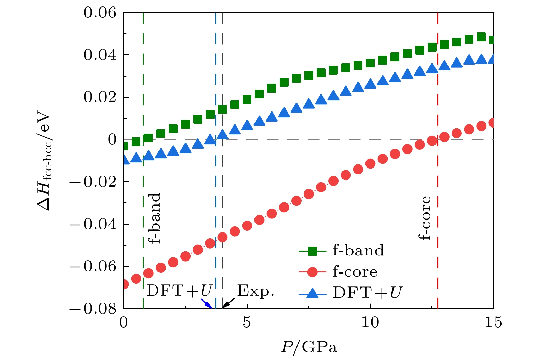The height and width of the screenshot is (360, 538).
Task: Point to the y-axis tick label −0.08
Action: [x=93, y=309]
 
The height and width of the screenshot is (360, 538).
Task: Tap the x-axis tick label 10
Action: [x=370, y=322]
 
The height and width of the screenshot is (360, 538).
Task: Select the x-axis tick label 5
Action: [x=247, y=322]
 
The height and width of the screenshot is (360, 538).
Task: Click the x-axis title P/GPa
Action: [x=309, y=347]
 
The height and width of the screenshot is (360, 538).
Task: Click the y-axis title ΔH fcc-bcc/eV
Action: [x=44, y=161]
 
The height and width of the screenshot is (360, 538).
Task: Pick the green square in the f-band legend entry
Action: [x=312, y=251]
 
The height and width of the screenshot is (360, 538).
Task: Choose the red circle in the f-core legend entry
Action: [x=312, y=272]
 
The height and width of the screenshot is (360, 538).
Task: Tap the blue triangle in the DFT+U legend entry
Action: [x=312, y=293]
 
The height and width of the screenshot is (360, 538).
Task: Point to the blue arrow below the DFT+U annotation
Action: [x=206, y=303]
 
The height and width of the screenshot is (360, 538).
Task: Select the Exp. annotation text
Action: [x=256, y=291]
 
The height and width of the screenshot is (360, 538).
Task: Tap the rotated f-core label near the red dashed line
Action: [x=425, y=218]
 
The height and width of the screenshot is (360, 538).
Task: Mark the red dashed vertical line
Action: [x=438, y=171]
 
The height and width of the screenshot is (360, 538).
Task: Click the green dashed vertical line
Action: [x=143, y=171]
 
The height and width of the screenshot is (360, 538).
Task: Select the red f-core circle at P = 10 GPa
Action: [x=370, y=163]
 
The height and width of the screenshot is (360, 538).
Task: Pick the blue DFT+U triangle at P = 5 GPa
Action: [x=247, y=125]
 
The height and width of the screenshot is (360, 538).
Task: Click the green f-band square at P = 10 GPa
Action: [x=370, y=63]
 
